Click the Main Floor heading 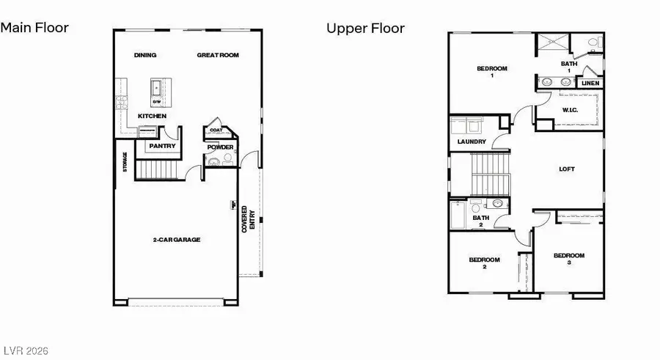34,28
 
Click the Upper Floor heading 365,28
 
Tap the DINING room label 145,55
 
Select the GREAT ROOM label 218,55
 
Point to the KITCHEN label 152,116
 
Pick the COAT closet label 216,131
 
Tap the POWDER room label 220,147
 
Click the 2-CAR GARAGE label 176,239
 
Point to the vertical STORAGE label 125,163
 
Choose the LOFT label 567,169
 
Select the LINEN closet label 590,83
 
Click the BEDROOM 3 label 568,258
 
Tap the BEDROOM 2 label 484,262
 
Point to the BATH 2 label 480,221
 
